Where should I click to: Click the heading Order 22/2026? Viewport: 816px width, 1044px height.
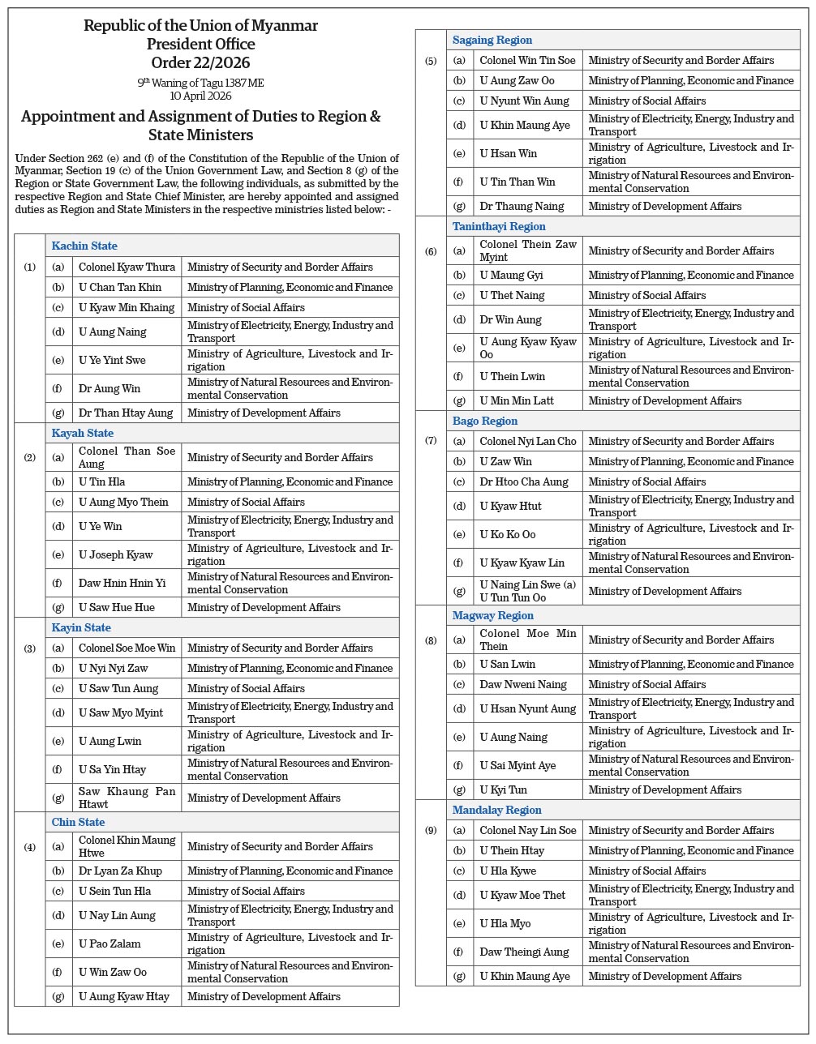[200, 62]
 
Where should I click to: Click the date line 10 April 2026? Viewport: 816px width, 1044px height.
[200, 96]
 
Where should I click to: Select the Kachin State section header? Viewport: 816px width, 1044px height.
[84, 246]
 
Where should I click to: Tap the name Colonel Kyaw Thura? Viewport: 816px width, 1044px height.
[127, 267]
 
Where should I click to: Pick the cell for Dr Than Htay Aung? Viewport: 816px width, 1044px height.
[126, 413]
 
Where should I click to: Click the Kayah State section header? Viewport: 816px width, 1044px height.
[82, 433]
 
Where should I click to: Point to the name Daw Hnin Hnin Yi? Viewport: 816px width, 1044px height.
[122, 583]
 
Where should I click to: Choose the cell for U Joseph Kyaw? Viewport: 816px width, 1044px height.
[116, 554]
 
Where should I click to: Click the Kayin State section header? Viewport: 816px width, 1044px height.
[81, 627]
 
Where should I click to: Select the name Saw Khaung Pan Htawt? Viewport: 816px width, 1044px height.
[127, 798]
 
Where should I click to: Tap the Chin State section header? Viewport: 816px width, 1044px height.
[78, 822]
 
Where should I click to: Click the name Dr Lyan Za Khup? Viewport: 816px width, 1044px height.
[120, 871]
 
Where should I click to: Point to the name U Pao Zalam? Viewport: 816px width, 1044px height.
[110, 943]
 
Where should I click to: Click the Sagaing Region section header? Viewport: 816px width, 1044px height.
[492, 40]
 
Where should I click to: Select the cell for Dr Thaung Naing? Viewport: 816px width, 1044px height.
[521, 206]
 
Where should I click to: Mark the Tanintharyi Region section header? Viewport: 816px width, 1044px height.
[499, 226]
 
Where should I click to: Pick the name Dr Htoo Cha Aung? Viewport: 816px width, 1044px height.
[524, 481]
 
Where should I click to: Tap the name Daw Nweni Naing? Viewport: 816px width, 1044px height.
[523, 684]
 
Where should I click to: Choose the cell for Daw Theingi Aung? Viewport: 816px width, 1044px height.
[524, 952]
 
